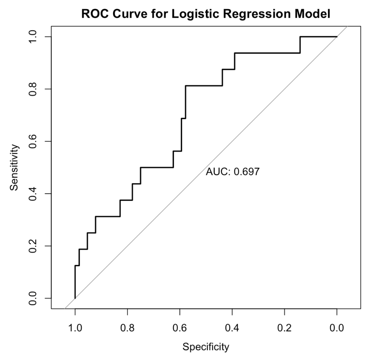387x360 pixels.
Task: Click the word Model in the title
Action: point(314,14)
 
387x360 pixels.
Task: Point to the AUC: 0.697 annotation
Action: point(232,172)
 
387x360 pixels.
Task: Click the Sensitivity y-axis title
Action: point(14,167)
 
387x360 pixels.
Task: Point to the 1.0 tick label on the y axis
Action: point(36,37)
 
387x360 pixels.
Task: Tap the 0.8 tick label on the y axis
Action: point(36,89)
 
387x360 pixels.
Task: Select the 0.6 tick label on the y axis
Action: point(36,141)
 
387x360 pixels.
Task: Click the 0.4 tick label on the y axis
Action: point(36,194)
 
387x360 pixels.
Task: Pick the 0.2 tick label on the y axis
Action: point(36,246)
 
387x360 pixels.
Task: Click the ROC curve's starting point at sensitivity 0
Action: point(75,298)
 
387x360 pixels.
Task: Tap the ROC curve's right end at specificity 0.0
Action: point(337,37)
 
